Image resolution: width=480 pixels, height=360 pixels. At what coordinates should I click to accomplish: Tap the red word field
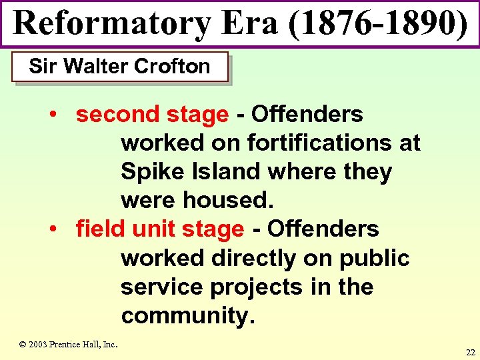[x=101, y=229]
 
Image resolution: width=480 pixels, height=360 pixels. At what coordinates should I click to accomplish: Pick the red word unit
[x=153, y=229]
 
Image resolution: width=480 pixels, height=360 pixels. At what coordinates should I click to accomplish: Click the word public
[x=375, y=258]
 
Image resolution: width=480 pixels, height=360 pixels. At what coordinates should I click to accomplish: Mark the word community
[x=187, y=316]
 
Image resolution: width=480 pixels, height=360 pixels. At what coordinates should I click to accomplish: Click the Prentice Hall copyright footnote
[x=68, y=344]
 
